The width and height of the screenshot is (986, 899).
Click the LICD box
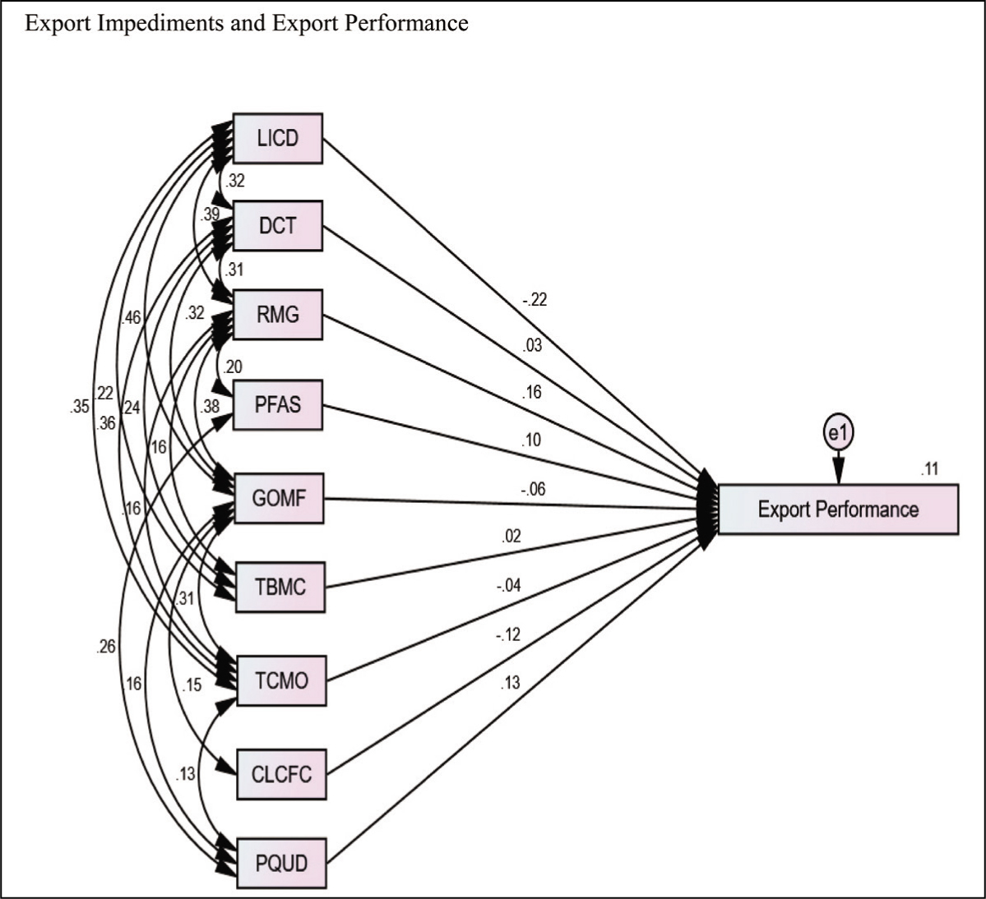[278, 138]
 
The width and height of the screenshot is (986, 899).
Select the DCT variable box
[278, 225]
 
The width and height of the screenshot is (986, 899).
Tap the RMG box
[278, 314]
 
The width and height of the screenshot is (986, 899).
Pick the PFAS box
[278, 404]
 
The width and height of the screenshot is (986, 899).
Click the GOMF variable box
[279, 498]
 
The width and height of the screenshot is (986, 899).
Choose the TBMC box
[280, 588]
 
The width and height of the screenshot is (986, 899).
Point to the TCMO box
[281, 680]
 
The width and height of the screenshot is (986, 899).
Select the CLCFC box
[282, 774]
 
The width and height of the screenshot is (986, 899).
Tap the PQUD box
[282, 863]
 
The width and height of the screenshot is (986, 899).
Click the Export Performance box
[838, 509]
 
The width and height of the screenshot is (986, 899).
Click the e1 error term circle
[838, 433]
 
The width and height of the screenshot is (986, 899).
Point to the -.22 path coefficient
[535, 300]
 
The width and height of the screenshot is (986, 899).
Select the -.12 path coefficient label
[508, 634]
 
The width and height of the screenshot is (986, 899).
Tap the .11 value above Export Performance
[929, 468]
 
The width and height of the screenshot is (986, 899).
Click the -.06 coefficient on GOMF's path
[533, 489]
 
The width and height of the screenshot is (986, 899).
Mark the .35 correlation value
[79, 407]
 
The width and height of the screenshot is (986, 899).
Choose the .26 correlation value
[105, 647]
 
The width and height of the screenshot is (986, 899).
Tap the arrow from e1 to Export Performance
[838, 467]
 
